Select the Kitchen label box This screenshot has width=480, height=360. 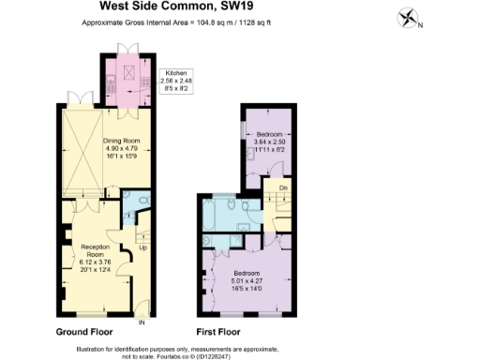pyautogui.click(x=177, y=82)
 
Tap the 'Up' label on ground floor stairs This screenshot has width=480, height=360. pyautogui.click(x=142, y=248)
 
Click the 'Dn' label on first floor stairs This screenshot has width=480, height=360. pyautogui.click(x=282, y=187)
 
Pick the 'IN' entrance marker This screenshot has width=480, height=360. pyautogui.click(x=142, y=322)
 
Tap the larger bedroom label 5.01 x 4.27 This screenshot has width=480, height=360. pyautogui.click(x=248, y=277)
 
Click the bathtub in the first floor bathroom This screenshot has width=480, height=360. pyautogui.click(x=215, y=216)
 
